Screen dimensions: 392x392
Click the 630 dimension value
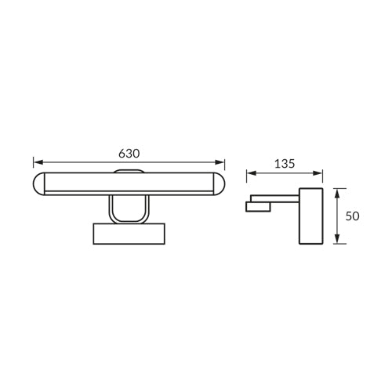[129, 154]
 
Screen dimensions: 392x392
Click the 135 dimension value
[285, 164]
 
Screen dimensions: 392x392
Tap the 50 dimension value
[352, 216]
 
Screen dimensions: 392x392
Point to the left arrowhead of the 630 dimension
[38, 162]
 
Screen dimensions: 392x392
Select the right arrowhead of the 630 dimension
[220, 162]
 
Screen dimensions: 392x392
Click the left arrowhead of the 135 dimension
[251, 173]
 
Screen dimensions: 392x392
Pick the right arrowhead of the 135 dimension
[318, 173]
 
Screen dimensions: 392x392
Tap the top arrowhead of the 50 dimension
[337, 193]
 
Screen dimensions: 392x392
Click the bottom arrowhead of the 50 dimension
[337, 239]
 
